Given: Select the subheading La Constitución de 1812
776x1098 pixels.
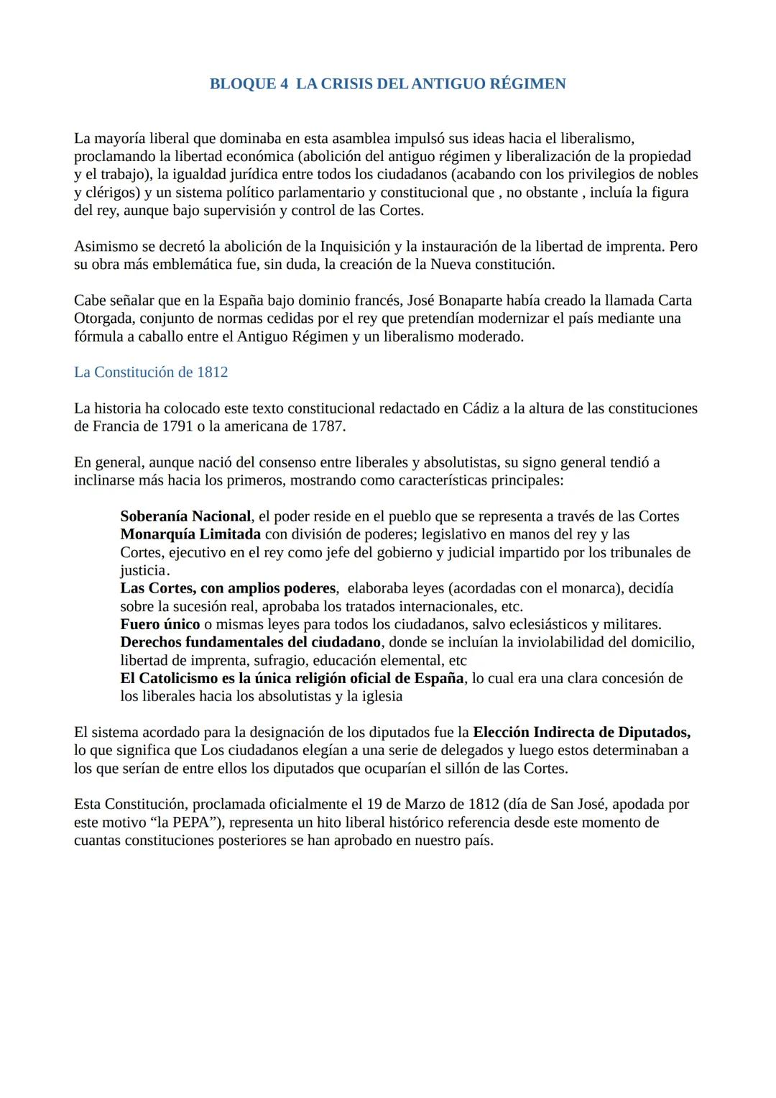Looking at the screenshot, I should pyautogui.click(x=151, y=372).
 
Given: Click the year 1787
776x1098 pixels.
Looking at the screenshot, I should pyautogui.click(x=326, y=426).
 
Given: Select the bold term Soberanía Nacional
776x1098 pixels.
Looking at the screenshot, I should pyautogui.click(x=185, y=516).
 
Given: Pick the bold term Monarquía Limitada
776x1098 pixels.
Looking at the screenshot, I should pyautogui.click(x=190, y=534).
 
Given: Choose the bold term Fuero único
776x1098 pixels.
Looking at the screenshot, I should pyautogui.click(x=160, y=624).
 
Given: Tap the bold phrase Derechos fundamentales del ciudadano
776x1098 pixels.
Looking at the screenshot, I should pyautogui.click(x=250, y=642).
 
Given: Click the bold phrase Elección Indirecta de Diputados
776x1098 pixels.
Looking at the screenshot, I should pyautogui.click(x=581, y=733).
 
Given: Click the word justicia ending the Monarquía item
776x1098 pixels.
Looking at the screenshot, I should pyautogui.click(x=142, y=570).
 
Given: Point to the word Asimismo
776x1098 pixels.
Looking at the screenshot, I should pyautogui.click(x=106, y=247).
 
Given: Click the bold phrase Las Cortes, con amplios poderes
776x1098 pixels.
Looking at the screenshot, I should pyautogui.click(x=228, y=588).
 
